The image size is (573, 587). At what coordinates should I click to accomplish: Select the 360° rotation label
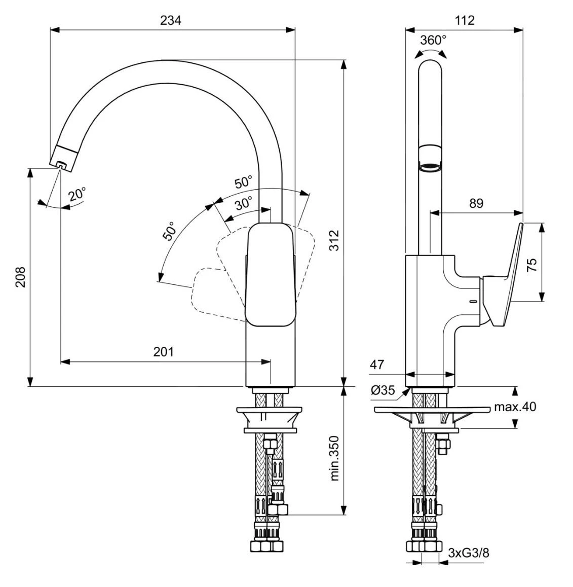coord(433,40)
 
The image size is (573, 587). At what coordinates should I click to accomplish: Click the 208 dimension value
coord(20,277)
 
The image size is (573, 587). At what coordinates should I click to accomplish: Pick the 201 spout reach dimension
coord(164,351)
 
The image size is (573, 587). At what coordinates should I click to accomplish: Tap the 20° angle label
coord(78,195)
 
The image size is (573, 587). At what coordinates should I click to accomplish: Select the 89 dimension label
coord(476,203)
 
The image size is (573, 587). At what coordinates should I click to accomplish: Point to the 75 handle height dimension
coord(531,264)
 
